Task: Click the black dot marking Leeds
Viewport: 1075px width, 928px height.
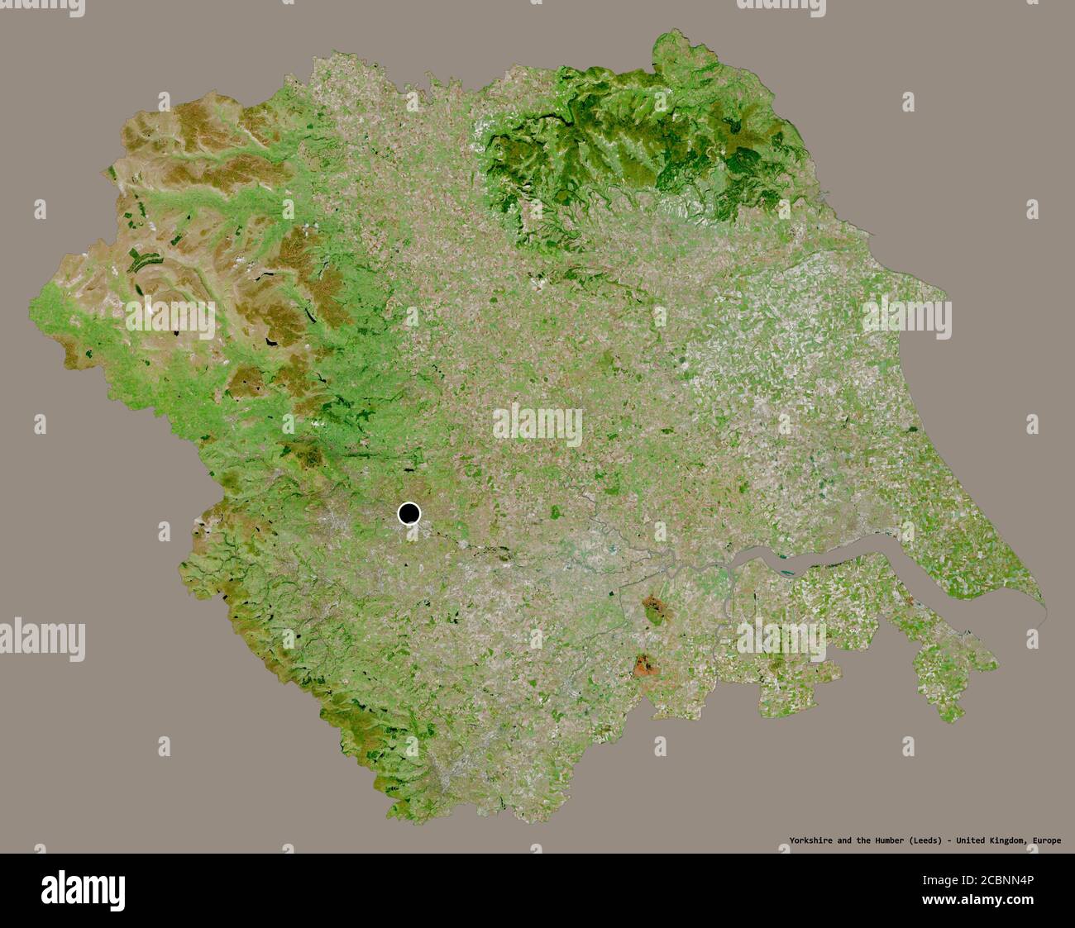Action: coord(408,514)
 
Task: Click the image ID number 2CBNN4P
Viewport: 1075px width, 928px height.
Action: coord(1009,881)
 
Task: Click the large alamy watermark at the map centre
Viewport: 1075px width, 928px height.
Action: coord(537,424)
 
